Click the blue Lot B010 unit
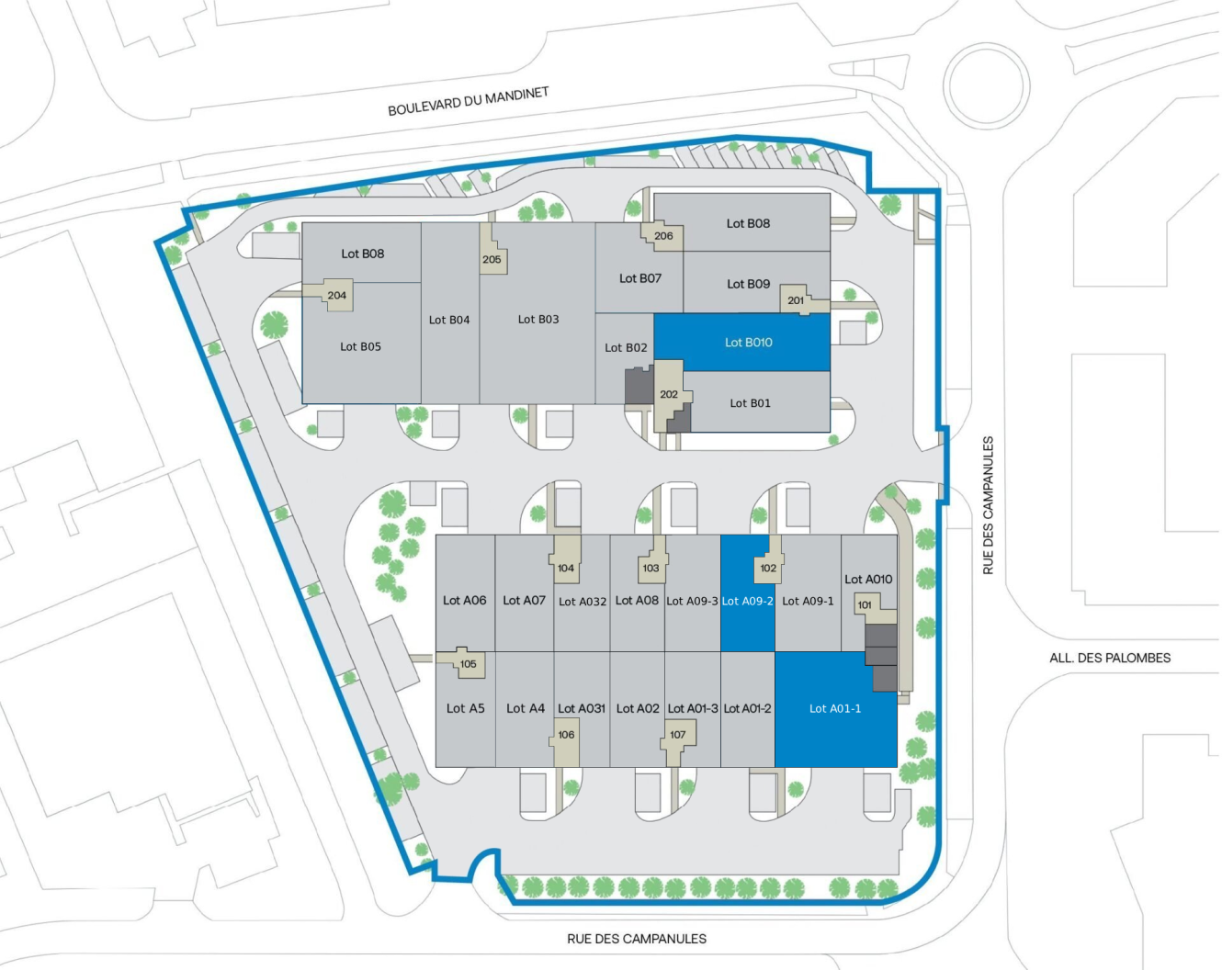742,343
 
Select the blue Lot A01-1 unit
835,709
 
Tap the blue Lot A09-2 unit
748,602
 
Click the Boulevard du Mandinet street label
468,102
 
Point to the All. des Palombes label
1110,658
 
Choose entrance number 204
337,296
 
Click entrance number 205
492,259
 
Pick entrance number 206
663,236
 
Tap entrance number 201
796,300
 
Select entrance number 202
669,395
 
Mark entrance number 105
469,664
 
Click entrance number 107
678,735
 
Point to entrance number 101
865,605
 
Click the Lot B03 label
538,320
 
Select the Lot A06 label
464,601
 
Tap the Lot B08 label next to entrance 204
362,254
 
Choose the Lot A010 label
868,580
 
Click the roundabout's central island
988,86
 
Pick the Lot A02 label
638,709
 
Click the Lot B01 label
750,403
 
